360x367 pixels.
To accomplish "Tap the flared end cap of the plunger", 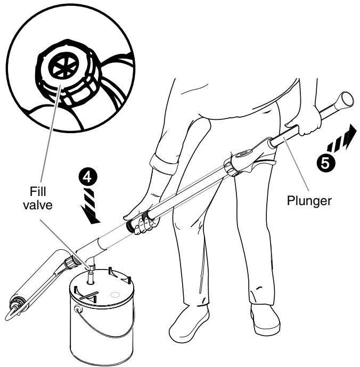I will pyautogui.click(x=346, y=101).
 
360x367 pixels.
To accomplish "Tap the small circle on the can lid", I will pyautogui.click(x=113, y=293).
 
